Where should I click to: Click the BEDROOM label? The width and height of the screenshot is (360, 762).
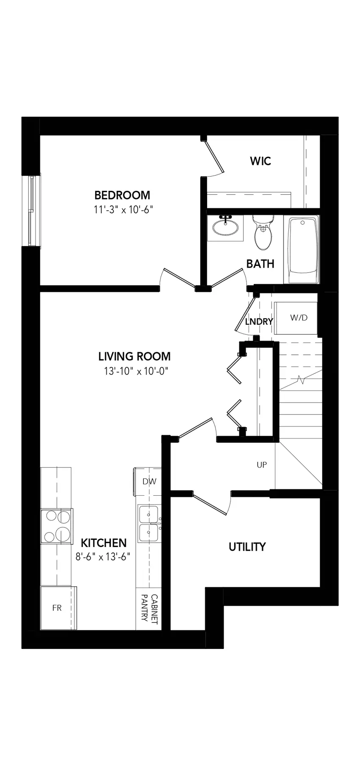(122, 195)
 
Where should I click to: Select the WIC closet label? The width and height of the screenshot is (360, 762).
(260, 161)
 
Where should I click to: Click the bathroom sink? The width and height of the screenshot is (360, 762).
(225, 227)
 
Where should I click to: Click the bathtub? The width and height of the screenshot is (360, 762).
(303, 250)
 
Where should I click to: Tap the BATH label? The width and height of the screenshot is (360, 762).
(260, 264)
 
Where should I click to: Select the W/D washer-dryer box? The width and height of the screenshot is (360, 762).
(296, 318)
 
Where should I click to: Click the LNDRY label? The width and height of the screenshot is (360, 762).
(259, 322)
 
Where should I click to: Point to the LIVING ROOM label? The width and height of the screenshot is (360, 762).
(135, 356)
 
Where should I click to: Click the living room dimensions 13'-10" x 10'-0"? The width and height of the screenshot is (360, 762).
(136, 371)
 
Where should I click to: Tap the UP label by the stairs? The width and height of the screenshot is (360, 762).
(262, 465)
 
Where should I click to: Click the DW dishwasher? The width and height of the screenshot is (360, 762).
(147, 481)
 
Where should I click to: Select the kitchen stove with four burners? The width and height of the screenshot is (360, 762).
(56, 526)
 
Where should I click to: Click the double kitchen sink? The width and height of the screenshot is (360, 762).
(149, 524)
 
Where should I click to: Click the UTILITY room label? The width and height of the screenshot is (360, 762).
(247, 547)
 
